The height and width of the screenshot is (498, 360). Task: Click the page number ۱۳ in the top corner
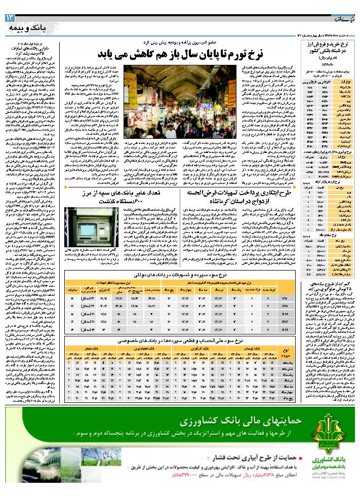pyautogui.click(x=11, y=18)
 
